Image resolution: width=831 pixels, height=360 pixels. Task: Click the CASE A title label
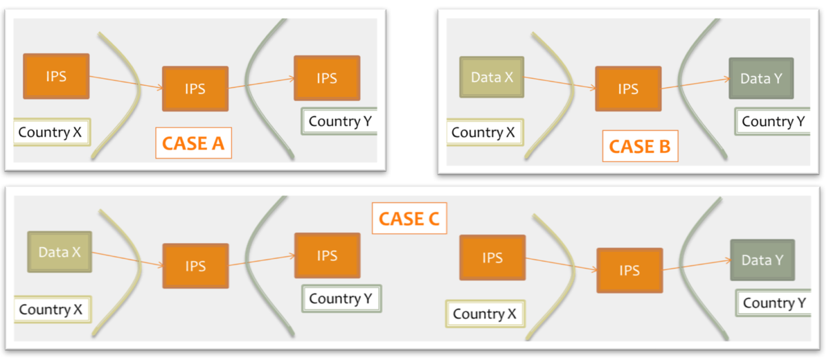(x=193, y=144)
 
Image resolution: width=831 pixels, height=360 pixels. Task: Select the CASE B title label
(x=640, y=147)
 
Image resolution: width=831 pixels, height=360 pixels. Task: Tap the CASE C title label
(x=409, y=219)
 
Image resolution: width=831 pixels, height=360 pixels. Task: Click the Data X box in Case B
(x=492, y=77)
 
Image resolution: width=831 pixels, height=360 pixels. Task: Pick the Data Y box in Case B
(x=761, y=78)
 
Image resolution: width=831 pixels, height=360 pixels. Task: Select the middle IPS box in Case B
(x=628, y=89)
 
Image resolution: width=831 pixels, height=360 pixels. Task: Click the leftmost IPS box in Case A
(x=56, y=75)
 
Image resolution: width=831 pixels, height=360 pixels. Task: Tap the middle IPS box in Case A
(x=195, y=89)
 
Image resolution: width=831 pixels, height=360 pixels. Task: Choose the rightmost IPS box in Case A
(x=327, y=78)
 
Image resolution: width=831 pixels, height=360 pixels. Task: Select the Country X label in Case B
(x=483, y=132)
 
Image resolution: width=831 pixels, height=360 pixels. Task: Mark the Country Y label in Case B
(x=774, y=121)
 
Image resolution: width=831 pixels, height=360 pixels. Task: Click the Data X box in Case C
(x=60, y=252)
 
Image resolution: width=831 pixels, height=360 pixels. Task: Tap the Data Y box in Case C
(x=762, y=260)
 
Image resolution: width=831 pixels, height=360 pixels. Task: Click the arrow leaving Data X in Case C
(x=127, y=259)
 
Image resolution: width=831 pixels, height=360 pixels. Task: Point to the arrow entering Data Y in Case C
(x=696, y=265)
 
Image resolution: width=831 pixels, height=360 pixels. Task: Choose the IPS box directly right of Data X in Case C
(x=195, y=266)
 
